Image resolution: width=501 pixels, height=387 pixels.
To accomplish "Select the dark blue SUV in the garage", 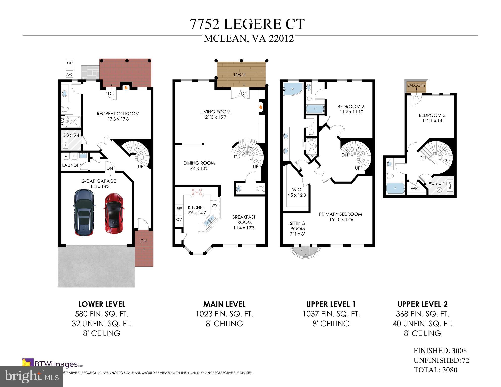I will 84,213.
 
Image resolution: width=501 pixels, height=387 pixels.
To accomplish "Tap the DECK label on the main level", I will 240,75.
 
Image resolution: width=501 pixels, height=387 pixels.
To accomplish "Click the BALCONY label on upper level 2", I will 416,85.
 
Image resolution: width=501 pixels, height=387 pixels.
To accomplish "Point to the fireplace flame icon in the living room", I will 261,107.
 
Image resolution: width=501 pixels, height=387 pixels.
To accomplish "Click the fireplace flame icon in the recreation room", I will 126,87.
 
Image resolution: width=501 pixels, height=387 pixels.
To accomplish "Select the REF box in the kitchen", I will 179,209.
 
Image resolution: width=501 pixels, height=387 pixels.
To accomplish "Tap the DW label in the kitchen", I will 214,205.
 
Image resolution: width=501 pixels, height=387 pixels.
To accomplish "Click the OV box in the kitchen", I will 179,219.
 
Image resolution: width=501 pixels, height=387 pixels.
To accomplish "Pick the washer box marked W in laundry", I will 66,156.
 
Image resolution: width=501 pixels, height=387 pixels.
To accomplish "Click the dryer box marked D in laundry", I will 74,156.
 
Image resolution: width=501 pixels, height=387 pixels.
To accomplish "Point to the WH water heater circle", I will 439,190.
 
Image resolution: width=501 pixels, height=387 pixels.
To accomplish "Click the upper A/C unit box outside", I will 69,63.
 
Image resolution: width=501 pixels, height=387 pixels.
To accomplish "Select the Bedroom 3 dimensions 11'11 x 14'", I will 433,121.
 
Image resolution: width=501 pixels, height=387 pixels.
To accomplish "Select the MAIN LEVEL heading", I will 224,304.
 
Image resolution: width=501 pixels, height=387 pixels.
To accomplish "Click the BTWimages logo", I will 53,364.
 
